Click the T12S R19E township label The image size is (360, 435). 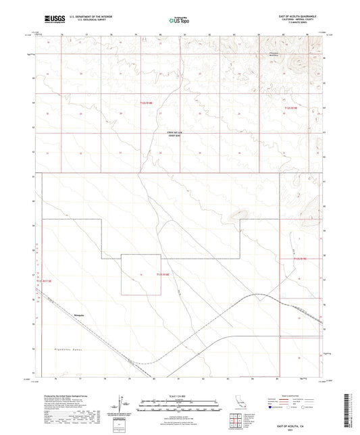coord(290,107)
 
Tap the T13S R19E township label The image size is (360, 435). coord(300,259)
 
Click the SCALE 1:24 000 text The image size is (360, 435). coord(178,396)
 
